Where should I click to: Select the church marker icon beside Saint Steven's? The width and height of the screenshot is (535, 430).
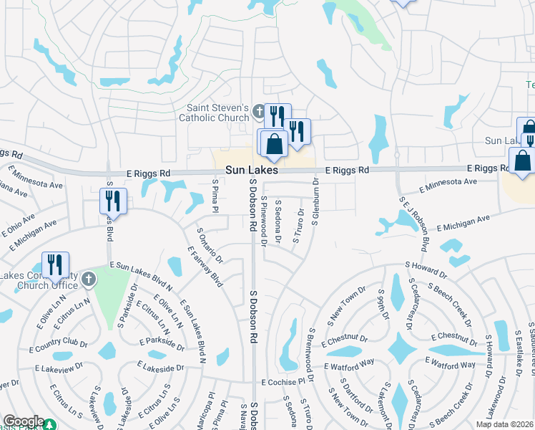(258, 113)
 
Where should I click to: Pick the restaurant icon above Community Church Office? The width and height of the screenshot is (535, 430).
(55, 264)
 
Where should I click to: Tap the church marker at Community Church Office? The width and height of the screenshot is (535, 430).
(88, 279)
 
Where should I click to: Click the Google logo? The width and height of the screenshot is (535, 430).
(23, 421)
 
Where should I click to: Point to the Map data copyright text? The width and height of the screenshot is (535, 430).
(504, 424)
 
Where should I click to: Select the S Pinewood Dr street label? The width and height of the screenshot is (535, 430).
(264, 221)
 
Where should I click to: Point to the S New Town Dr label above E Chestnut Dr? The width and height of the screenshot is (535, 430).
(347, 306)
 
